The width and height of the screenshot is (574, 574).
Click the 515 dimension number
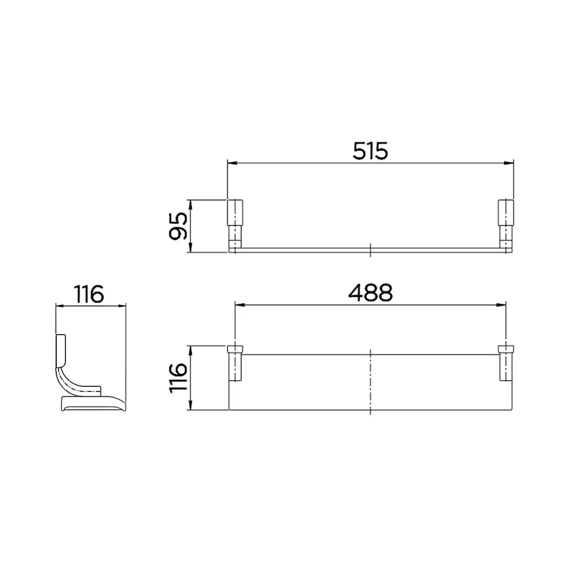click(x=370, y=151)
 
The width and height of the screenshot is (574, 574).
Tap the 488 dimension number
click(x=370, y=293)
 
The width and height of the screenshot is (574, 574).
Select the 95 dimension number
click(x=179, y=226)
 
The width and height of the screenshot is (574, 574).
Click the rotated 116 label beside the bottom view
click(x=179, y=378)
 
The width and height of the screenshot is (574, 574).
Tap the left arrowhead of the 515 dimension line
click(x=231, y=163)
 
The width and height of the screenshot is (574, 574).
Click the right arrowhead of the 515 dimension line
click(x=509, y=163)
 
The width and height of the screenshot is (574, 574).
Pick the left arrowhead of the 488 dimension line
click(x=239, y=305)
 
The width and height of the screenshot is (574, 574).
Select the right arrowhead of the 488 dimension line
click(x=502, y=305)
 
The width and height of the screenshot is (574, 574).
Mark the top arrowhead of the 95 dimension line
click(x=189, y=204)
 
